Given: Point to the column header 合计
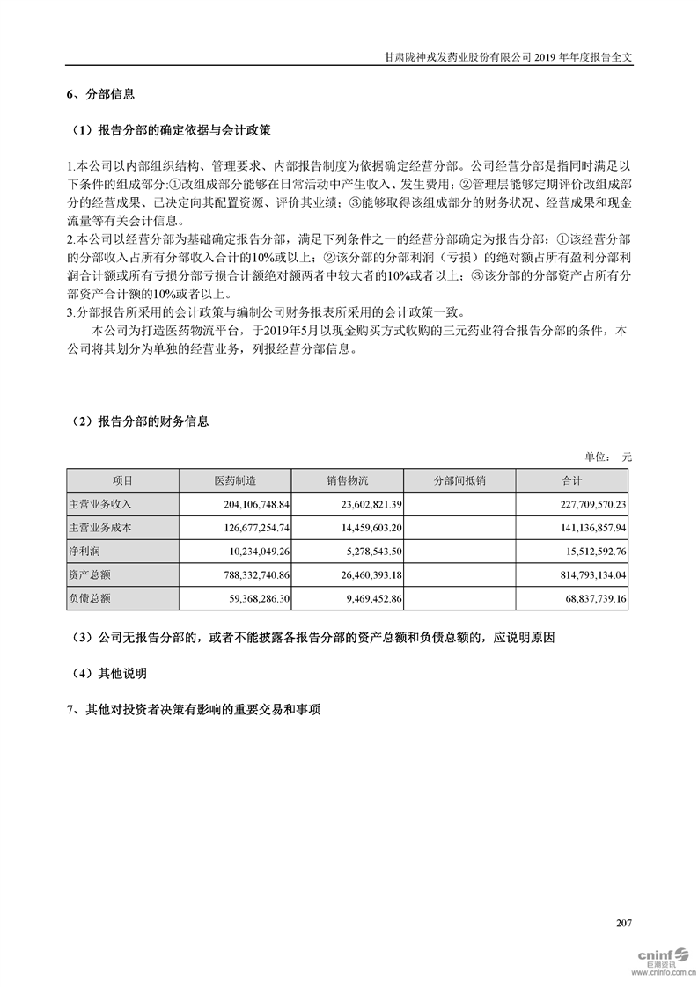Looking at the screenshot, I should point(572,480).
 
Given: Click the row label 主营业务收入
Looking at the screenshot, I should point(99,504).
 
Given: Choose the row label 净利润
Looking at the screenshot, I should point(86,552).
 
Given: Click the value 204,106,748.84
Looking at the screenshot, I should point(252,504).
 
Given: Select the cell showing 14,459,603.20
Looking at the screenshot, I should point(364,528).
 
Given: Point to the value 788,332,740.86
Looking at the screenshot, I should point(252,575).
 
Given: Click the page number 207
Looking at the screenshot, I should point(624,923).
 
